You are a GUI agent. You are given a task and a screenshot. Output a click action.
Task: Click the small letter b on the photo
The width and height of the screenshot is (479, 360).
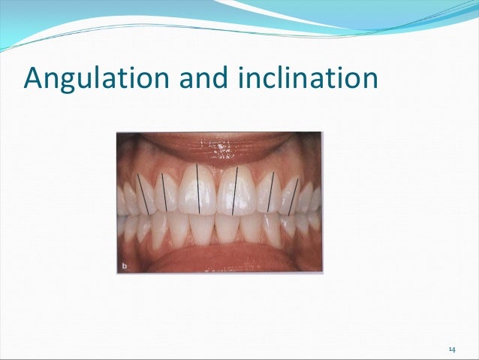[124, 265]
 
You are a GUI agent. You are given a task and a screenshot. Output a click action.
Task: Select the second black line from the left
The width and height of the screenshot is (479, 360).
[164, 192]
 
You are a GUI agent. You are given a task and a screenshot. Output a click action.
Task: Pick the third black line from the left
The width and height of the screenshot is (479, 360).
[197, 188]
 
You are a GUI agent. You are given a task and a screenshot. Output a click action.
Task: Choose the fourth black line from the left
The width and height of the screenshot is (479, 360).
[235, 190]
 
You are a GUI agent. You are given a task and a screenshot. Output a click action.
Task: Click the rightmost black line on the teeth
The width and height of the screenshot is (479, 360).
[294, 196]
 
